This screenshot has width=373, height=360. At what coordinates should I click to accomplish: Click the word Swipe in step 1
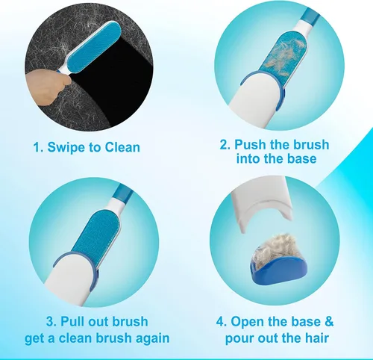pos(66,147)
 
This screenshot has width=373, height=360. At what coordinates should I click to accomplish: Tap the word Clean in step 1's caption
pos(122,147)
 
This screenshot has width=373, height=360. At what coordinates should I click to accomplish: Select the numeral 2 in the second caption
pos(224,145)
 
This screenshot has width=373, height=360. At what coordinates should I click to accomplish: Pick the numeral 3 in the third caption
pos(50,321)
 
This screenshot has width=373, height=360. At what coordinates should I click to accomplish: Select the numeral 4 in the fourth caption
pos(220,321)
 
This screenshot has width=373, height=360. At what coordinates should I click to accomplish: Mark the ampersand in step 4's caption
pos(329,321)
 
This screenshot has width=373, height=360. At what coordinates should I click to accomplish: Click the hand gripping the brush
pos(47,88)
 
